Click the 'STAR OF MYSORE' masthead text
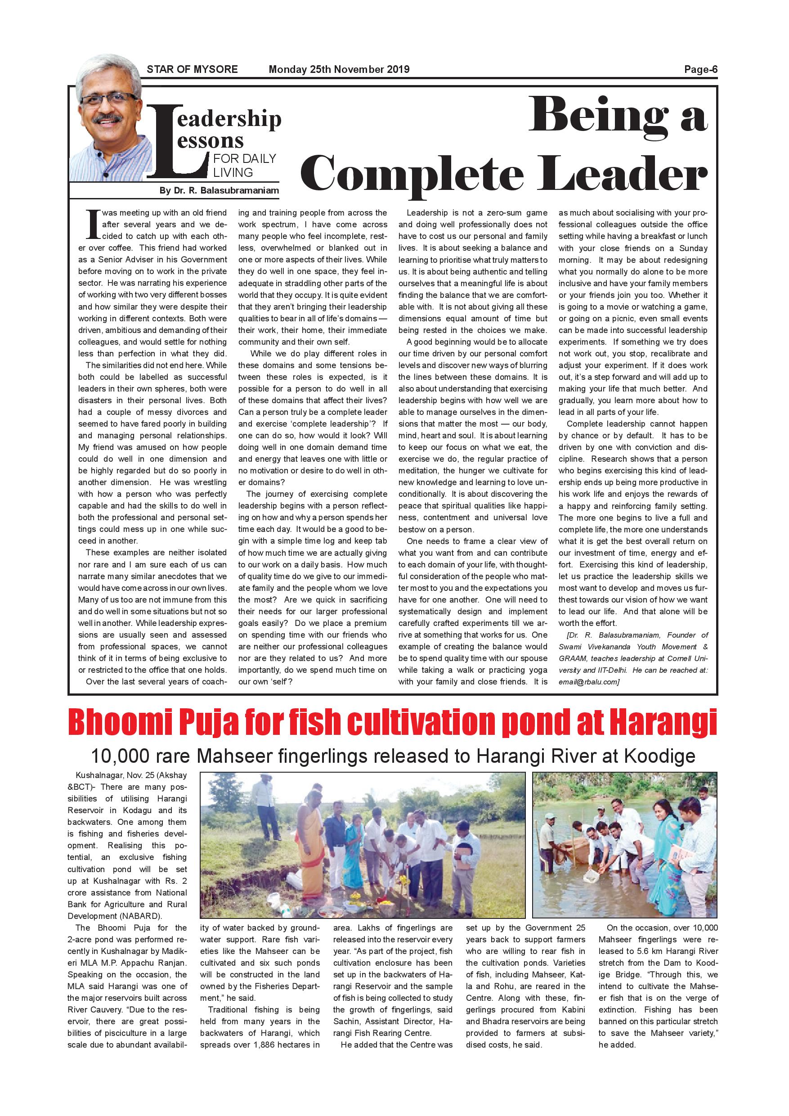(x=192, y=69)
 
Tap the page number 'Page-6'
(x=700, y=69)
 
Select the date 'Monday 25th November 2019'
(x=339, y=69)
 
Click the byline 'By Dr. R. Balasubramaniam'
(x=219, y=190)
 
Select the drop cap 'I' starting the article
(x=93, y=225)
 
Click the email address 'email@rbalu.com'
(x=588, y=682)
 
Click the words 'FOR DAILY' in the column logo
(x=244, y=158)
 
